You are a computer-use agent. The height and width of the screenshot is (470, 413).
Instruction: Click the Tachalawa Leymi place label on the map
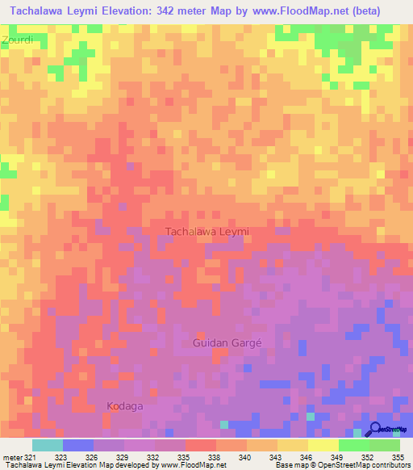point(207,232)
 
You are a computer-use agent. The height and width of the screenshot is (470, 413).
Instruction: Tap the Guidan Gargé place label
point(228,343)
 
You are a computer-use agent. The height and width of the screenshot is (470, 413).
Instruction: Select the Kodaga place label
point(125,406)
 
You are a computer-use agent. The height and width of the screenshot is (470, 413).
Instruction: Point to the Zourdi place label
point(17,39)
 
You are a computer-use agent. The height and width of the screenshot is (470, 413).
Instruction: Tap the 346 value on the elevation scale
point(307,456)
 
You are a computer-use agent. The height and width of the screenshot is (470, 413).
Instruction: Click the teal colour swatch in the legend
point(48,445)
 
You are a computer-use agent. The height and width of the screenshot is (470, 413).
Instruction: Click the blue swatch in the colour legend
point(78,445)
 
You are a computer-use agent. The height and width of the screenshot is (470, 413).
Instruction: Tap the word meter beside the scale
point(11,456)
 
